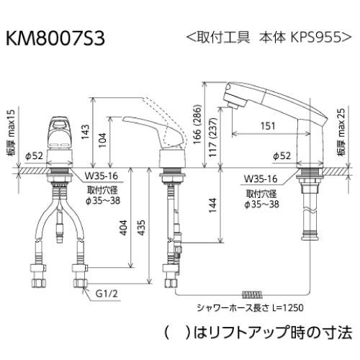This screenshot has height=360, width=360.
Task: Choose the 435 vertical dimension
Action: point(148,227)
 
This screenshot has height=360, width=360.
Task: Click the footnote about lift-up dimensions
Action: point(256,332)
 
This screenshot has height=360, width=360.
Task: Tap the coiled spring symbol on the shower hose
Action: point(251,294)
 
